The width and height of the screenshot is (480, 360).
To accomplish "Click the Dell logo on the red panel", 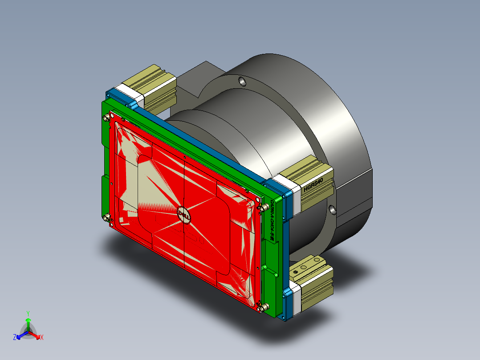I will tap(184, 216).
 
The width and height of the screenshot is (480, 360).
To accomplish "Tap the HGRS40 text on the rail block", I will tap(316, 184).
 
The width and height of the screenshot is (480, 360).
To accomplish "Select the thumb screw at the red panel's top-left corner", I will tap(106, 118).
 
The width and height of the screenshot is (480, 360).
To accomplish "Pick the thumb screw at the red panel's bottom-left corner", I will tap(106, 217).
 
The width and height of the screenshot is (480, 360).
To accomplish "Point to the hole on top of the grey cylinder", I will tap(242, 81).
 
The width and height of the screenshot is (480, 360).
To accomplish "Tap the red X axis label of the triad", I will tap(42, 337).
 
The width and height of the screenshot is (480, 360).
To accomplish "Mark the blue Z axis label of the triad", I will tap(15, 338).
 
